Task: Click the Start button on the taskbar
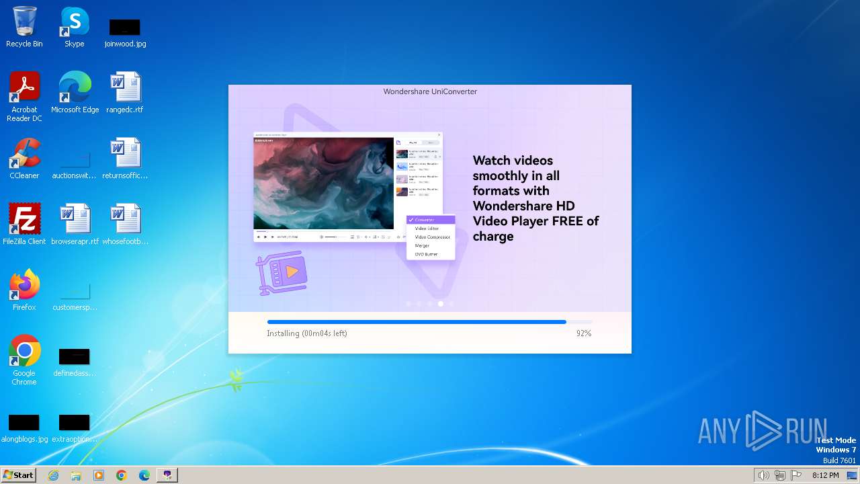[x=19, y=475]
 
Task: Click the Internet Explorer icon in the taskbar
[x=53, y=475]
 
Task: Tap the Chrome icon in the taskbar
[x=122, y=475]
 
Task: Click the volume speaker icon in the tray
[x=763, y=475]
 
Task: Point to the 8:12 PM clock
[x=825, y=475]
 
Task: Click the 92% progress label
[x=583, y=333]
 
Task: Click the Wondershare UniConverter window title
[x=430, y=91]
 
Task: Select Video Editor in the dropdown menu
[x=427, y=229]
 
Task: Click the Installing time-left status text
[x=306, y=333]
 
